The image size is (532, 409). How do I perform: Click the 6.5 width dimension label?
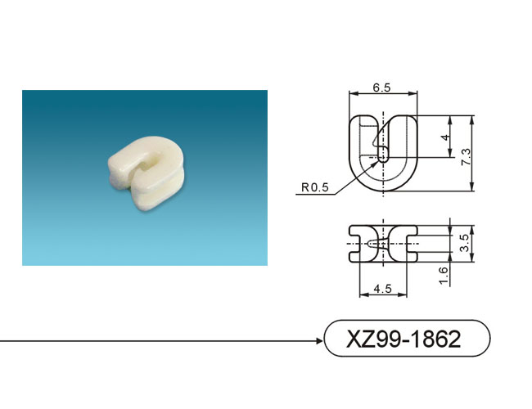381,88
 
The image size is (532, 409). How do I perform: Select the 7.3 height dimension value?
467,157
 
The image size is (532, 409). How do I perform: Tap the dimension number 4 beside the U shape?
445,137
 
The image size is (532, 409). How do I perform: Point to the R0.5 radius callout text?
315,187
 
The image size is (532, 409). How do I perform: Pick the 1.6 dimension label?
443,276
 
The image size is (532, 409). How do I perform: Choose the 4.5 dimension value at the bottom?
382,289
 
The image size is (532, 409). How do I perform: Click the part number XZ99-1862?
404,339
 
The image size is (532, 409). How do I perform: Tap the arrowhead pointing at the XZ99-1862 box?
319,341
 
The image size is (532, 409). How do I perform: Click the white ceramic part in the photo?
147,173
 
